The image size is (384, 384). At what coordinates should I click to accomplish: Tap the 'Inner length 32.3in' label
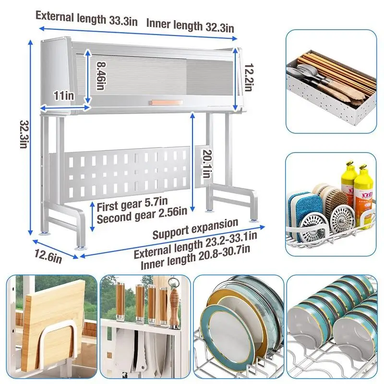(x=190, y=25)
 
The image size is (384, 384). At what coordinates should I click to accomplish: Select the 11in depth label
(x=63, y=96)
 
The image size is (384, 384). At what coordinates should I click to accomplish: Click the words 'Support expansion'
(x=195, y=229)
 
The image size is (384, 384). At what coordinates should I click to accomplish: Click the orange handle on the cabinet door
(x=166, y=102)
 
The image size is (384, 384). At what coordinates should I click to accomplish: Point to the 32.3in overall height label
(x=22, y=134)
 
